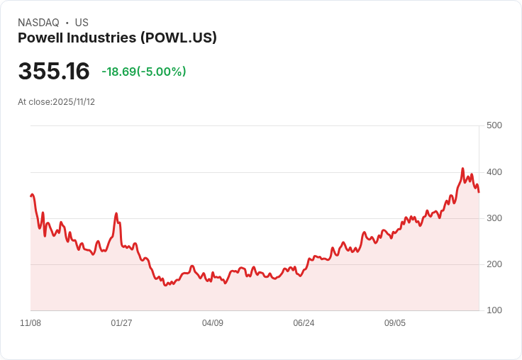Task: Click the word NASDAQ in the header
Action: [38, 23]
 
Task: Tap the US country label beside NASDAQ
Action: [82, 23]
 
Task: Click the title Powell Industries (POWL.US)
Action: [117, 38]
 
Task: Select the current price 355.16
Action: [54, 72]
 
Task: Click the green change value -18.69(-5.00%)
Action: [144, 72]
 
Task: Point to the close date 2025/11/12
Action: [74, 102]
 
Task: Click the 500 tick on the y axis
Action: [494, 125]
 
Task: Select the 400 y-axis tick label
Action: [494, 172]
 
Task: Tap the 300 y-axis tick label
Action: [494, 218]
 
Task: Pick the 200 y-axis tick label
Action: [494, 264]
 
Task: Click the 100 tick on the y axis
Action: [494, 310]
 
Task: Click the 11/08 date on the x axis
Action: [30, 323]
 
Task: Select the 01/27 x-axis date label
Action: [121, 323]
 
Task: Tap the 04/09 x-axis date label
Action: [213, 323]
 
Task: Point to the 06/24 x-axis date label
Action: [304, 323]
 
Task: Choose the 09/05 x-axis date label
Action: [395, 323]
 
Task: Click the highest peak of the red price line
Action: [462, 169]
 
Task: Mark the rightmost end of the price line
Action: [479, 192]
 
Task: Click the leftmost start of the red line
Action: [30, 196]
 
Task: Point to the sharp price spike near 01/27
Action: [116, 213]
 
